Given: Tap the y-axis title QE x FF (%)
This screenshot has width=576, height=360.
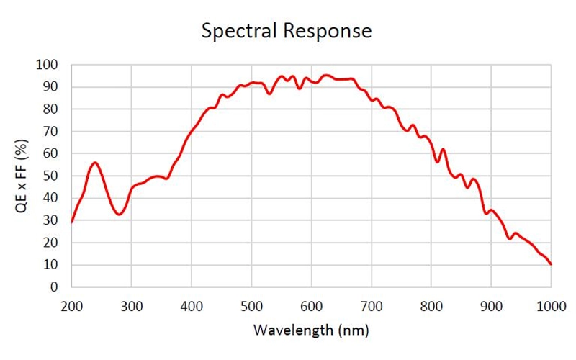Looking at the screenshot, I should (22, 176).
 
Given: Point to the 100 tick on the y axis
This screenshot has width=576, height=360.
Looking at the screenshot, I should (48, 66).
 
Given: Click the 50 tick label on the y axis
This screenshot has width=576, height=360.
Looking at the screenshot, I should (50, 176).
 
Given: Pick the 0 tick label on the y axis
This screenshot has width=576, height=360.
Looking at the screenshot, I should (54, 287).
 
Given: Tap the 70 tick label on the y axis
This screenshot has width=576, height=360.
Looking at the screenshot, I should (50, 132).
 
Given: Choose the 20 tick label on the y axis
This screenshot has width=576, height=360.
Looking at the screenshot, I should (50, 243).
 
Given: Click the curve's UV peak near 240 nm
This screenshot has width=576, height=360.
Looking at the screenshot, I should (95, 163).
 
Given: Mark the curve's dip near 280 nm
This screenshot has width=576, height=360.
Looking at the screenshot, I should (119, 215).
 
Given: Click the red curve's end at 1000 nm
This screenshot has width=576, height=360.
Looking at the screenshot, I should (552, 264).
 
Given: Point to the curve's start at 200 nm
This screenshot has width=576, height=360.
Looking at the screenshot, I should (72, 222).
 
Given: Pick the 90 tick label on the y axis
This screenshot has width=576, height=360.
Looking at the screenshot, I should (50, 87).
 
